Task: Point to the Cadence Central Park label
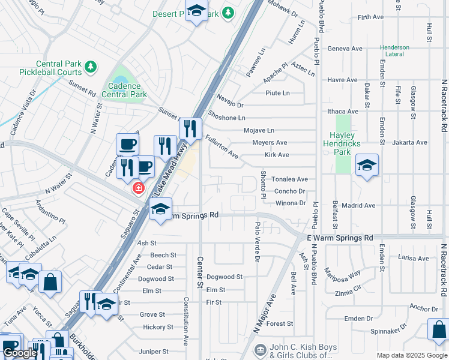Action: [x=124, y=90]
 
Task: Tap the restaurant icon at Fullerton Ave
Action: [x=190, y=128]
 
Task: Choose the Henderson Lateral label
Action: [x=394, y=51]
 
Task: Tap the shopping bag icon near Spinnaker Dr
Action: [x=438, y=329]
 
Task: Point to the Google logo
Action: [x=20, y=353]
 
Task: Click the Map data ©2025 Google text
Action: [x=411, y=355]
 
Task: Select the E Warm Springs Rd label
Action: [x=340, y=238]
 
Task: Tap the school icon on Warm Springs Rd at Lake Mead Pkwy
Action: [x=160, y=209]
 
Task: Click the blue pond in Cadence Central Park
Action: [x=121, y=80]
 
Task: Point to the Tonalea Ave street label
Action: [x=291, y=179]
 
